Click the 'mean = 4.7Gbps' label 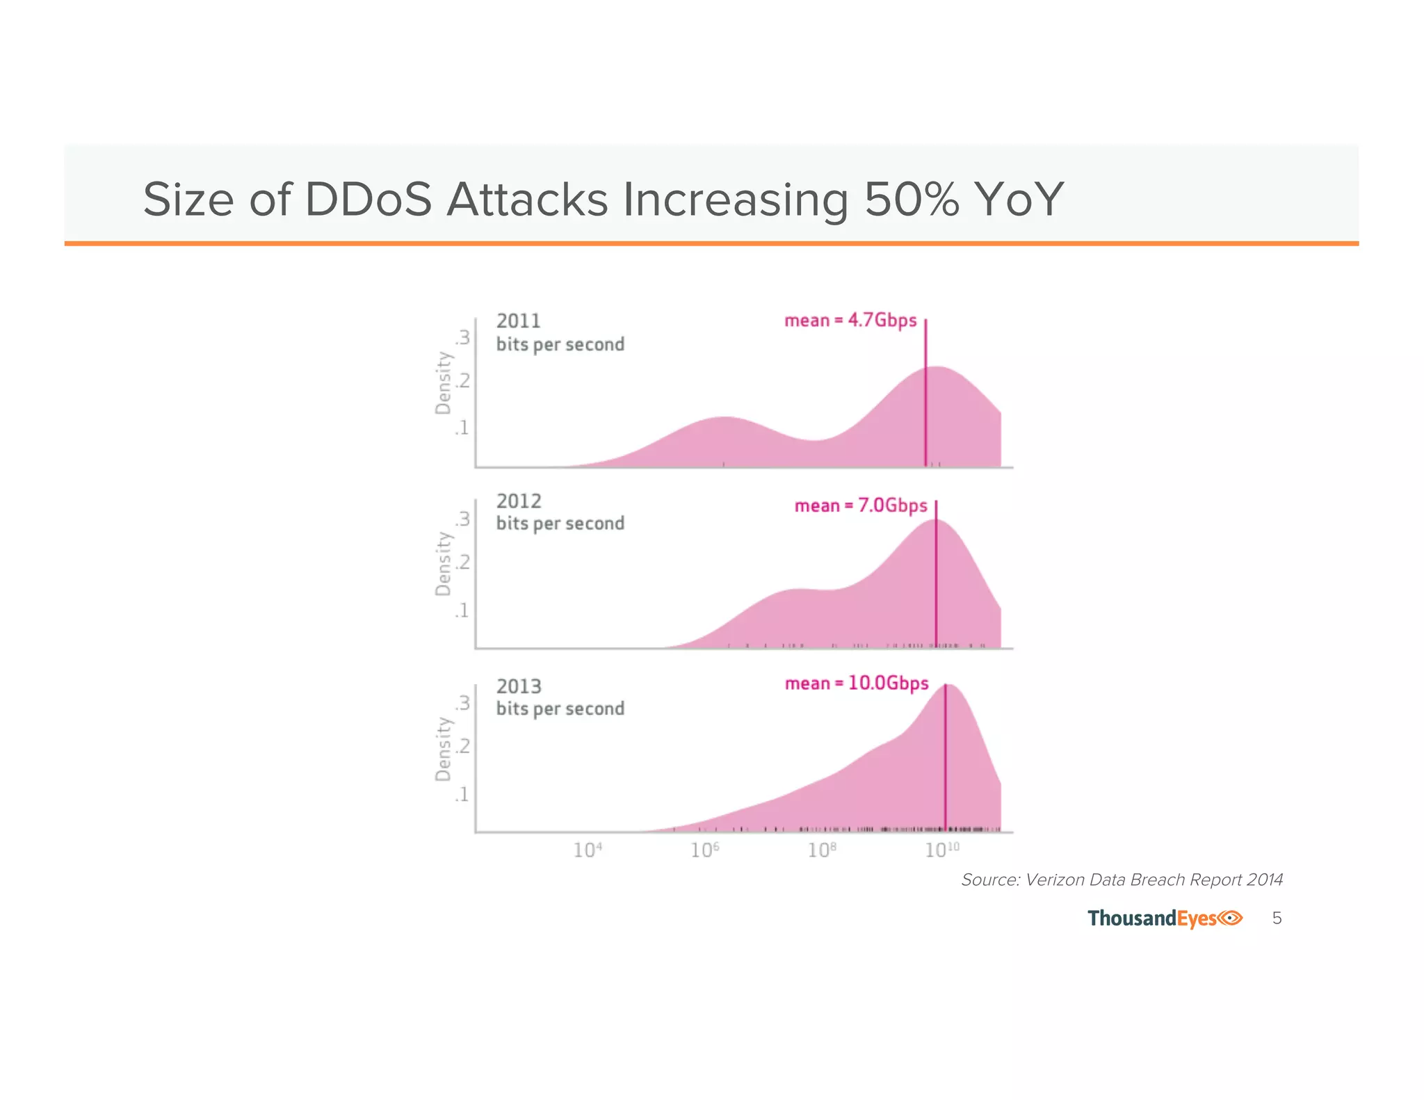coord(850,321)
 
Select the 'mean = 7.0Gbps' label coord(860,505)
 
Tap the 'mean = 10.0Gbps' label coord(856,684)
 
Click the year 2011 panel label coord(518,321)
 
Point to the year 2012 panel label coord(518,501)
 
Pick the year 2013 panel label coord(518,687)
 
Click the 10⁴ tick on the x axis coord(587,850)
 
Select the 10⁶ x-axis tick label coord(704,850)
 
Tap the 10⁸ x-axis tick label coord(822,850)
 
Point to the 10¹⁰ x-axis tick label coord(941,850)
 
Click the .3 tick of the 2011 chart coord(463,338)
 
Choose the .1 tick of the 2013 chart coord(462,795)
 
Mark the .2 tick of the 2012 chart coord(463,562)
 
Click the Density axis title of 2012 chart coord(443,564)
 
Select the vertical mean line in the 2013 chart coord(945,765)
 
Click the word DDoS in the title coord(368,200)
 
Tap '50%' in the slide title coord(912,200)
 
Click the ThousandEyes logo coord(1164,919)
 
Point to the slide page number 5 coord(1277,919)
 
